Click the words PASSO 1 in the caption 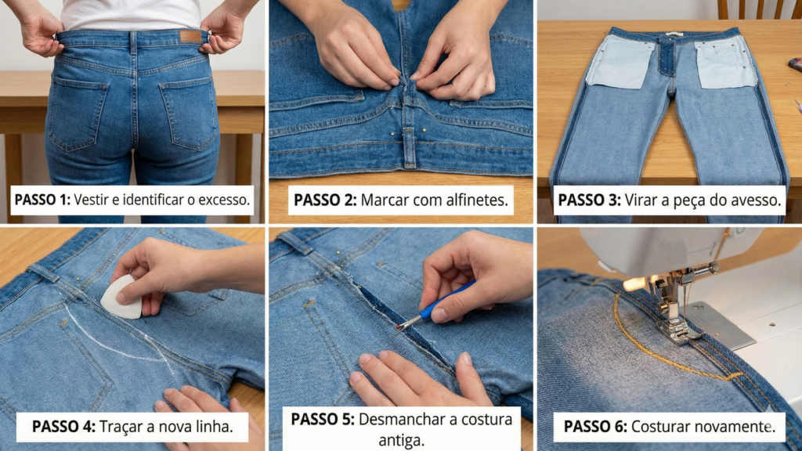tap(40, 200)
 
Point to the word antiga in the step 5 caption tap(401, 439)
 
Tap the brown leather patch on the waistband tap(190, 37)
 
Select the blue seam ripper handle tap(446, 301)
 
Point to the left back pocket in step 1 tap(76, 114)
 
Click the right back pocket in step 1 tap(189, 114)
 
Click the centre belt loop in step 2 tap(409, 146)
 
